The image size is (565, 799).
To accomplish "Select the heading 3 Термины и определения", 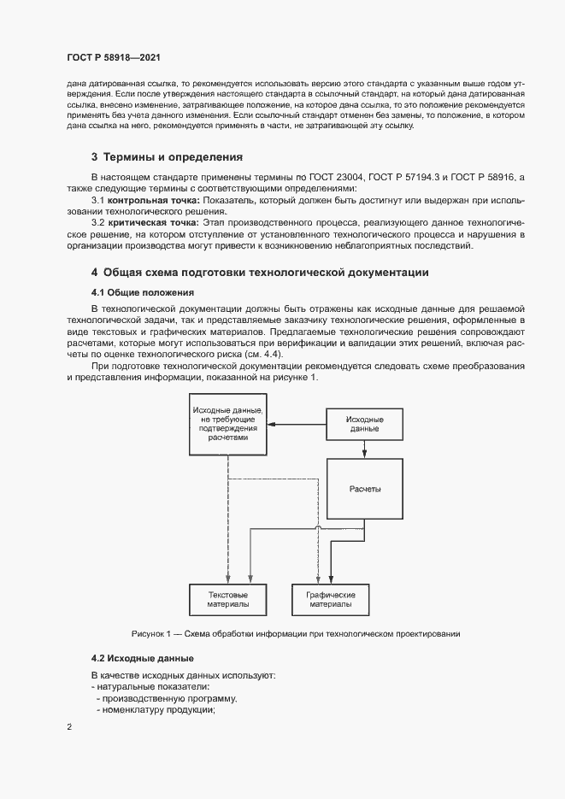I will coord(167,157).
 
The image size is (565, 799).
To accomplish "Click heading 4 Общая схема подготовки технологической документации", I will coord(260,273).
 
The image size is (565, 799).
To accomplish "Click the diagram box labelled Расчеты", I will coord(364,489).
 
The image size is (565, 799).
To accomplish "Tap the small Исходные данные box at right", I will coord(364,424).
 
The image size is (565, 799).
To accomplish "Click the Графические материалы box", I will coord(330,599).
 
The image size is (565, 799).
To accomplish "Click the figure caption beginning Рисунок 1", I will coord(296,634).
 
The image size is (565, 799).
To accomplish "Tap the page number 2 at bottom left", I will coord(69,727).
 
